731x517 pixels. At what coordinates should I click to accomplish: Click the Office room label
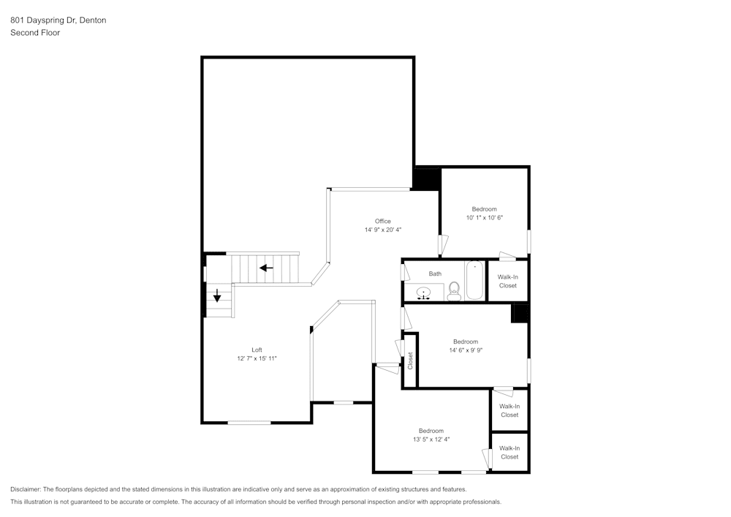click(x=383, y=221)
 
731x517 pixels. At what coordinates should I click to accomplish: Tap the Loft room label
click(x=257, y=350)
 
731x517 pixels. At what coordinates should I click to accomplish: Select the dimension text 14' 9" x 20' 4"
click(x=383, y=230)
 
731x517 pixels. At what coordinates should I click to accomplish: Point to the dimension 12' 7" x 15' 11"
click(x=257, y=358)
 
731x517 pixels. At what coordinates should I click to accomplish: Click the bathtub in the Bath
click(x=474, y=280)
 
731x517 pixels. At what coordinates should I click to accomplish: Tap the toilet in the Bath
click(x=454, y=291)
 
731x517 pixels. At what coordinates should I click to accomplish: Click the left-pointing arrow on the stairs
click(x=266, y=268)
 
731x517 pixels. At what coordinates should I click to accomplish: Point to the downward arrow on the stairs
click(x=217, y=295)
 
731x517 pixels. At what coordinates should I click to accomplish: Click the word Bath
click(x=435, y=273)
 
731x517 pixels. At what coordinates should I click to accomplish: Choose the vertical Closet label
click(x=410, y=361)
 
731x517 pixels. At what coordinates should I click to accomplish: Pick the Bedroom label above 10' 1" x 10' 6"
click(x=485, y=209)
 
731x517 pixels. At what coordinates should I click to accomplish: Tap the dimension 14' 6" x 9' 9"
click(x=466, y=350)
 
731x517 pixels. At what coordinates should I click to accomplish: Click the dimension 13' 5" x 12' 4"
click(x=431, y=439)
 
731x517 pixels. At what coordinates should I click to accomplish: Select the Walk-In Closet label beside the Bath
click(x=508, y=281)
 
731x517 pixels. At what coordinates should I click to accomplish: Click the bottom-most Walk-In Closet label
click(x=510, y=453)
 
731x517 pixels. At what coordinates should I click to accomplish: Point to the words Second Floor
click(x=35, y=33)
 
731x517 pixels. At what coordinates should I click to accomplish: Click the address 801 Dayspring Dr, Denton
click(x=58, y=20)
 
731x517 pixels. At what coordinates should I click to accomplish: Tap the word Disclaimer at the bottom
click(x=25, y=489)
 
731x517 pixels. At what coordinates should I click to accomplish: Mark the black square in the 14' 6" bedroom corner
click(x=519, y=313)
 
